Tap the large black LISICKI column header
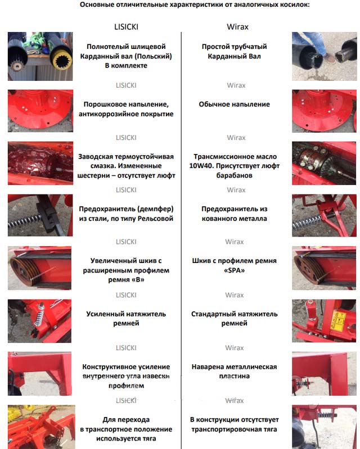[x=126, y=26]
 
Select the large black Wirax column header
[x=237, y=26]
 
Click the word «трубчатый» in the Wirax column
[x=249, y=47]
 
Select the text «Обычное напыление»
[x=234, y=104]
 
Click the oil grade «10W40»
[x=199, y=166]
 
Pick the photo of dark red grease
[x=40, y=163]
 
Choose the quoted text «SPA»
[x=234, y=270]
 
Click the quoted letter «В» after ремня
[x=138, y=280]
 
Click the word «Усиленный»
[x=102, y=314]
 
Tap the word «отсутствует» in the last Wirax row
[x=259, y=420]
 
